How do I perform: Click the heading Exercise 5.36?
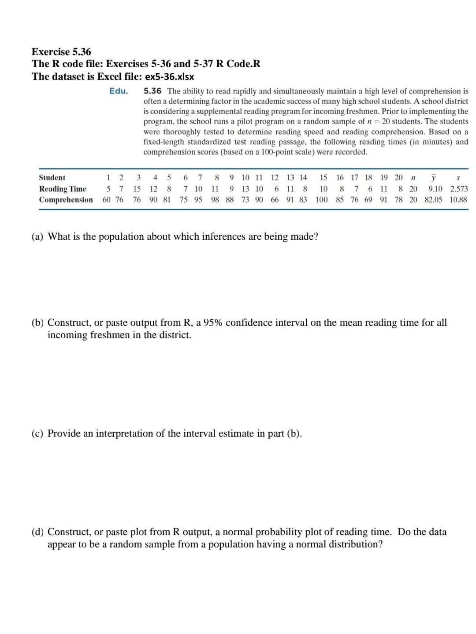point(61,52)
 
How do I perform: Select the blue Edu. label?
point(119,91)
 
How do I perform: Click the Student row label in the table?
point(52,177)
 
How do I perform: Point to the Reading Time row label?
point(63,189)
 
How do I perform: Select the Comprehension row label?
point(66,200)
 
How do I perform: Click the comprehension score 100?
point(322,200)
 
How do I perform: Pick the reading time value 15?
point(137,189)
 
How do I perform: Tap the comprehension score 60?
point(107,200)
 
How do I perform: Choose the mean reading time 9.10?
point(435,189)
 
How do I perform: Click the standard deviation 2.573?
point(459,189)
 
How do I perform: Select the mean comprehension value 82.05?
point(433,200)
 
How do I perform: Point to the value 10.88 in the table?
point(458,200)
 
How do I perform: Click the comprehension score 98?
point(215,200)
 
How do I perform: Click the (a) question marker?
point(37,237)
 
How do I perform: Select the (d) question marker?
point(37,532)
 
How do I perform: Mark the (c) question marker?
point(37,434)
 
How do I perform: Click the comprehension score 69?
point(368,200)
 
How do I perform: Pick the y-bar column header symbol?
point(433,177)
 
